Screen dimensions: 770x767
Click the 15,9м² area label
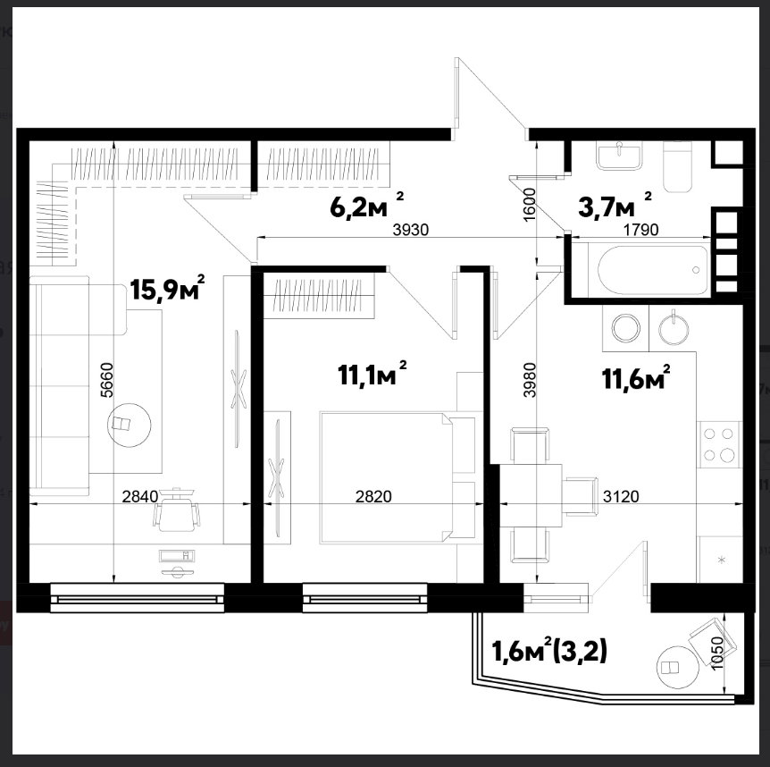[167, 288]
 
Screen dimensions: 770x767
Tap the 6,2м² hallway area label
[367, 206]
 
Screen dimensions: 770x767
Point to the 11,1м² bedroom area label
[372, 374]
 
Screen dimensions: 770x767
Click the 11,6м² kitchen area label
[636, 377]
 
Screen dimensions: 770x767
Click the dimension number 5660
[107, 380]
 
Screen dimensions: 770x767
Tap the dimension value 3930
[411, 230]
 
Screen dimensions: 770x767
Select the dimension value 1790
[640, 230]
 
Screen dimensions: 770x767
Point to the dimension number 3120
[621, 497]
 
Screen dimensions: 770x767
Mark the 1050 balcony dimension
[717, 653]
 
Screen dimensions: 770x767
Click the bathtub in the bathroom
[654, 270]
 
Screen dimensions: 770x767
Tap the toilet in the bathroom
[678, 167]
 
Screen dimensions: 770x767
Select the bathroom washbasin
[619, 156]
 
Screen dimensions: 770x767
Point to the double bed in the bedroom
[398, 477]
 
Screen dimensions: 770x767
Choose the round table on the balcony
[678, 667]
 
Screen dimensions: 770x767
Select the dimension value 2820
[373, 497]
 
